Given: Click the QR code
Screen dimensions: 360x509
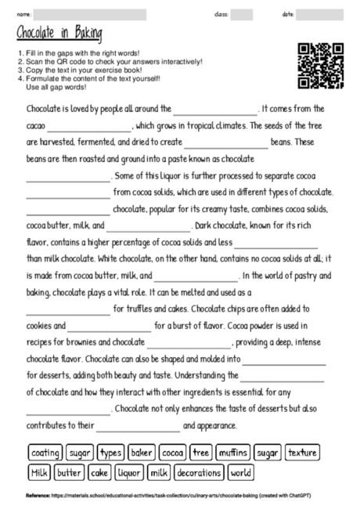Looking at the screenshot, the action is (x=321, y=66).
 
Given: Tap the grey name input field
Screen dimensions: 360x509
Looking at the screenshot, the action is (x=89, y=14).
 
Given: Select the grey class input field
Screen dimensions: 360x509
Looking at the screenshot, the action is (x=241, y=14).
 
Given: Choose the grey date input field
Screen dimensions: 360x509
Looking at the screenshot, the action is (x=319, y=14).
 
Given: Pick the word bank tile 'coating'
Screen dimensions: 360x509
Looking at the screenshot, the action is (x=45, y=453).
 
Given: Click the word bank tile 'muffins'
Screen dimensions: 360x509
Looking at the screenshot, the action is (x=232, y=453).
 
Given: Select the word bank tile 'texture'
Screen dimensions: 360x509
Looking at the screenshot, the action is (x=302, y=453).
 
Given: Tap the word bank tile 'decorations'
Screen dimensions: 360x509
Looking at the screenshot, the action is (x=200, y=472).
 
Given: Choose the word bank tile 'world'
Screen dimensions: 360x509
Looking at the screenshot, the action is (x=242, y=472).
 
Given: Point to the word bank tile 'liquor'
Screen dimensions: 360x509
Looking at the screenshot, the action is (x=128, y=472).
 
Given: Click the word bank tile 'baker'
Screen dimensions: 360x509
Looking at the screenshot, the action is (x=141, y=453).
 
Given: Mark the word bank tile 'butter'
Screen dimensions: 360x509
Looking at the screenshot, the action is (x=69, y=472).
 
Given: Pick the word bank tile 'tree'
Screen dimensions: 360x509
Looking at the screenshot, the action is (x=201, y=453).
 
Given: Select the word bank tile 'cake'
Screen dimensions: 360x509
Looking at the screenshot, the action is (x=99, y=472).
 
